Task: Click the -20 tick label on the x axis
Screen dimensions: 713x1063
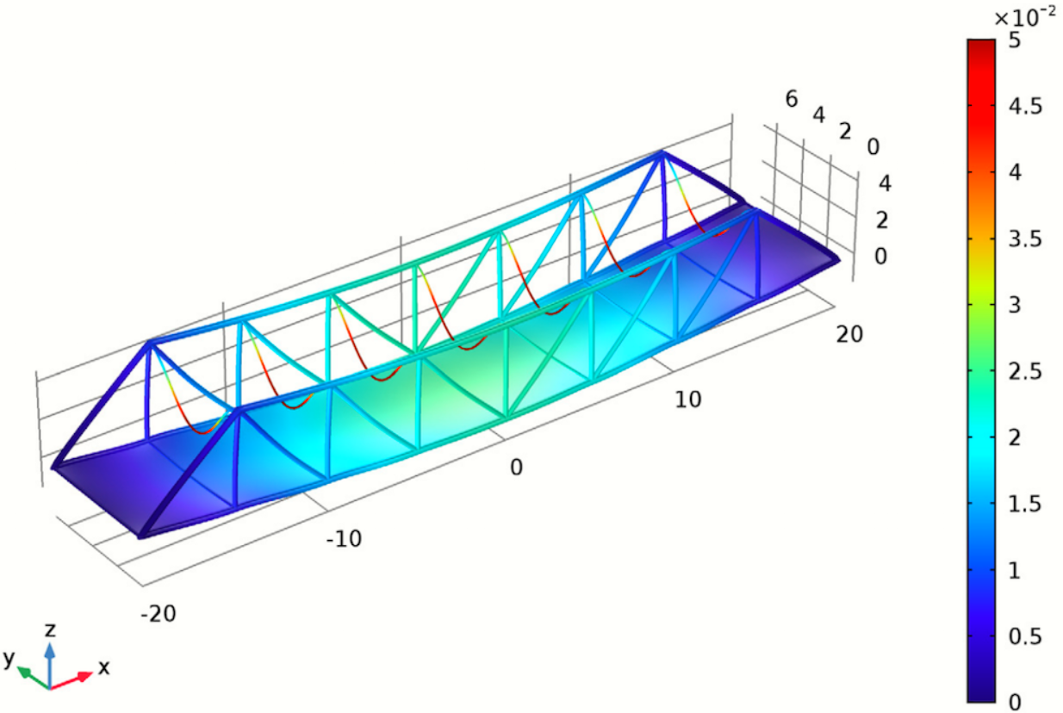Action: click(159, 612)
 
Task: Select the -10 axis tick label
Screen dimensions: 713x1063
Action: click(343, 540)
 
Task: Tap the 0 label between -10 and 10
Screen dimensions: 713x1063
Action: click(516, 468)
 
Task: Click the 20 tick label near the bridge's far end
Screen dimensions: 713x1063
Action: click(849, 335)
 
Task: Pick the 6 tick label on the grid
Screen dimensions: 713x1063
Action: click(792, 99)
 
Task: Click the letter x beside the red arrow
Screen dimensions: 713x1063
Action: click(103, 667)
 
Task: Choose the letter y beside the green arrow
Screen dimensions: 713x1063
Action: click(9, 660)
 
